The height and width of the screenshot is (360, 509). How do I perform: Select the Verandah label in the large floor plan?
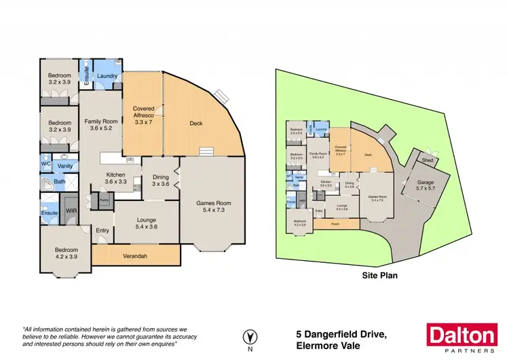click(x=136, y=255)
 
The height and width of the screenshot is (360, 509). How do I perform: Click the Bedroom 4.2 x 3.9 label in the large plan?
click(x=67, y=254)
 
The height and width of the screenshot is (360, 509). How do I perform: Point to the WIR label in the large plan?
click(x=71, y=211)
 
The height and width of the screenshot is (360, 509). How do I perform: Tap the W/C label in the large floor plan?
click(x=45, y=164)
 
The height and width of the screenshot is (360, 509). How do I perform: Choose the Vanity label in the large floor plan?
click(x=65, y=166)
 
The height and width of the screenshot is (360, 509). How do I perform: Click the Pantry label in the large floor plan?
click(x=105, y=200)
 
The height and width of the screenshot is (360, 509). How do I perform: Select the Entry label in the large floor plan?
click(x=102, y=231)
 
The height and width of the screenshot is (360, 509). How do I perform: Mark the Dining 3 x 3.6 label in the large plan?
click(x=161, y=180)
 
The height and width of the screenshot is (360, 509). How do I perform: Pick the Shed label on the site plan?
click(x=427, y=160)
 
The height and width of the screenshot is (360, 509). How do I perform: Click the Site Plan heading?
click(x=379, y=276)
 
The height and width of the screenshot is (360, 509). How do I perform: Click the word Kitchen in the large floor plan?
click(x=115, y=175)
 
